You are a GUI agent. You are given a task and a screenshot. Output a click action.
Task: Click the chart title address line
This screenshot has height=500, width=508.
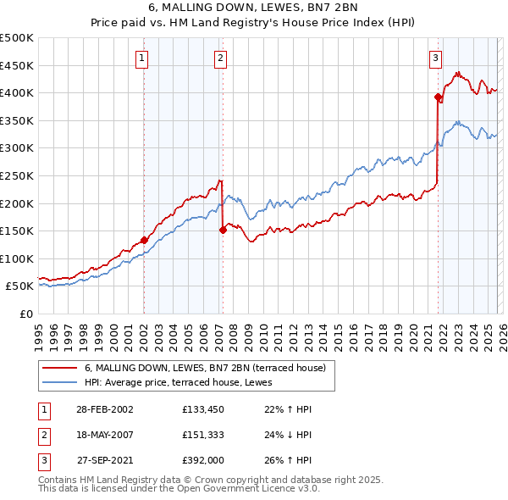coord(254,8)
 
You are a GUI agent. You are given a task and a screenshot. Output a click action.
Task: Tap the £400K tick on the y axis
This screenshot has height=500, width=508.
coord(17,92)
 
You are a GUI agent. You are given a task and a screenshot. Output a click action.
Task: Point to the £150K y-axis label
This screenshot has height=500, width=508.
coord(17,231)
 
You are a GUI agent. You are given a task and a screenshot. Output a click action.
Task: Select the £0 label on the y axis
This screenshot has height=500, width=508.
coord(25,314)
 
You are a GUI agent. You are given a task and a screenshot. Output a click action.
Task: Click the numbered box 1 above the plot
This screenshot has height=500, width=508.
coord(141,58)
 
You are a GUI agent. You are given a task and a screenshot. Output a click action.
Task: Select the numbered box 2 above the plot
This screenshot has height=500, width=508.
coord(220,58)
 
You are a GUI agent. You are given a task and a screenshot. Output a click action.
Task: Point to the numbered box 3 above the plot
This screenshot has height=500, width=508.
coord(435,58)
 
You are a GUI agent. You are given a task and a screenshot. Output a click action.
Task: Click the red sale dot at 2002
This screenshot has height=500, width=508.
coord(144,240)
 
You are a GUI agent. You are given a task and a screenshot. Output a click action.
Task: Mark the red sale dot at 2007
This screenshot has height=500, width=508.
coord(223,230)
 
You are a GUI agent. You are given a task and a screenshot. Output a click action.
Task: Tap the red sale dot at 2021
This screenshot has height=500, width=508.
coord(438,97)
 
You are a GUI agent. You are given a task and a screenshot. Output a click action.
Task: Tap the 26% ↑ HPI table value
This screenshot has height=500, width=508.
coord(290,463)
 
